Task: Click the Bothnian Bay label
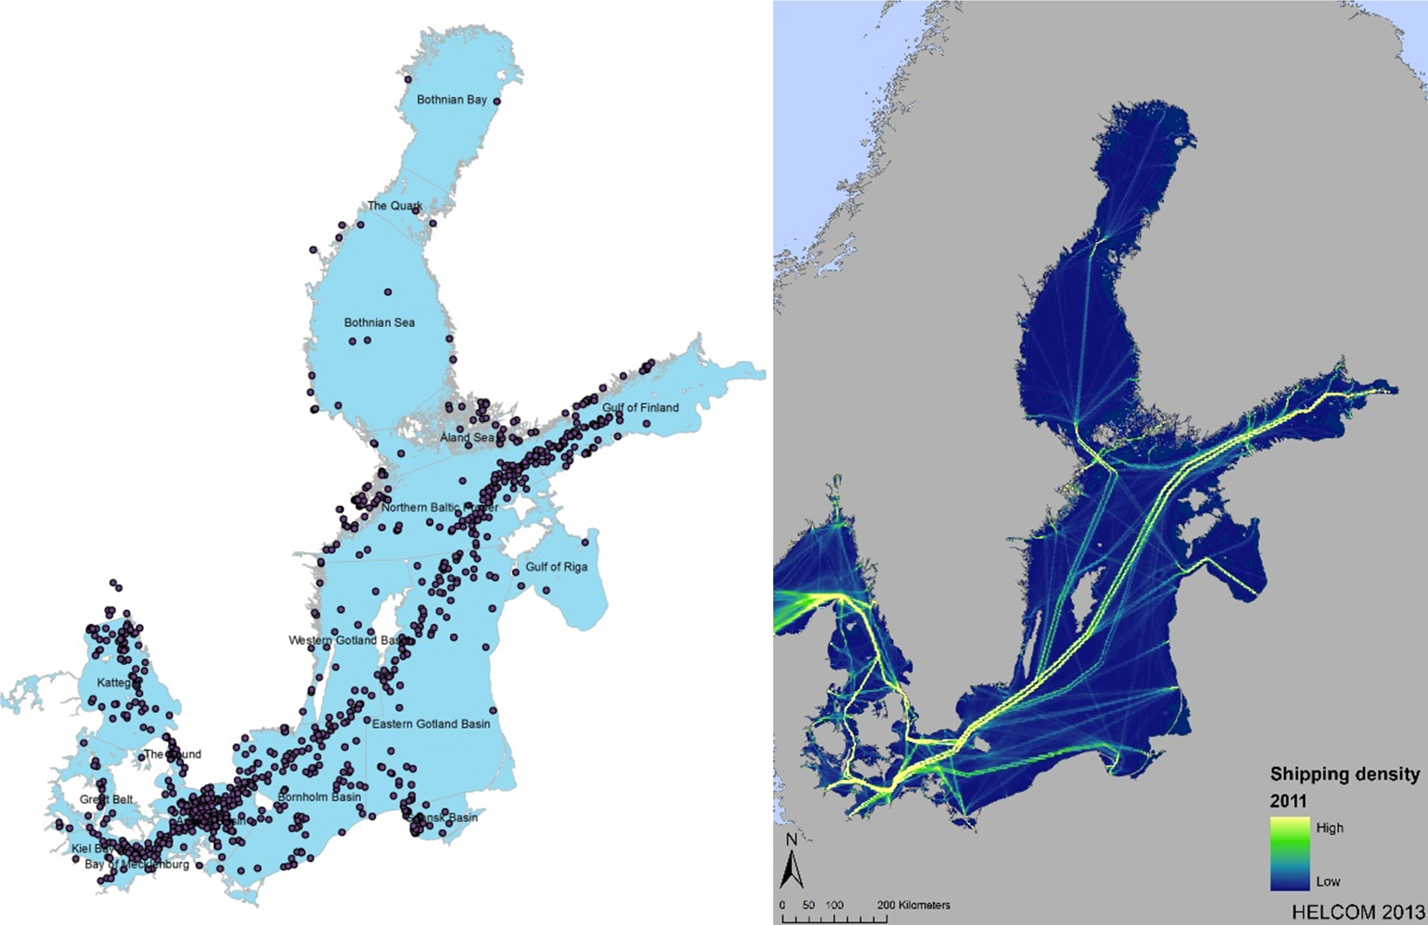[x=451, y=100]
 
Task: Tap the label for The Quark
[x=394, y=206]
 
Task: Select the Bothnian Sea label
[x=379, y=323]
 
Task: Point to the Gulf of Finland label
[x=640, y=408]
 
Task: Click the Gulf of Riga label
[x=556, y=567]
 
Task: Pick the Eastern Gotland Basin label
[x=431, y=724]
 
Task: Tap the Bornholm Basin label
[x=319, y=797]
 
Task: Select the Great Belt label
[x=106, y=800]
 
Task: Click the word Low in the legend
[x=1328, y=881]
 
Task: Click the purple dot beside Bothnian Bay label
[x=497, y=101]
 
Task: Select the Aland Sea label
[x=467, y=438]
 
